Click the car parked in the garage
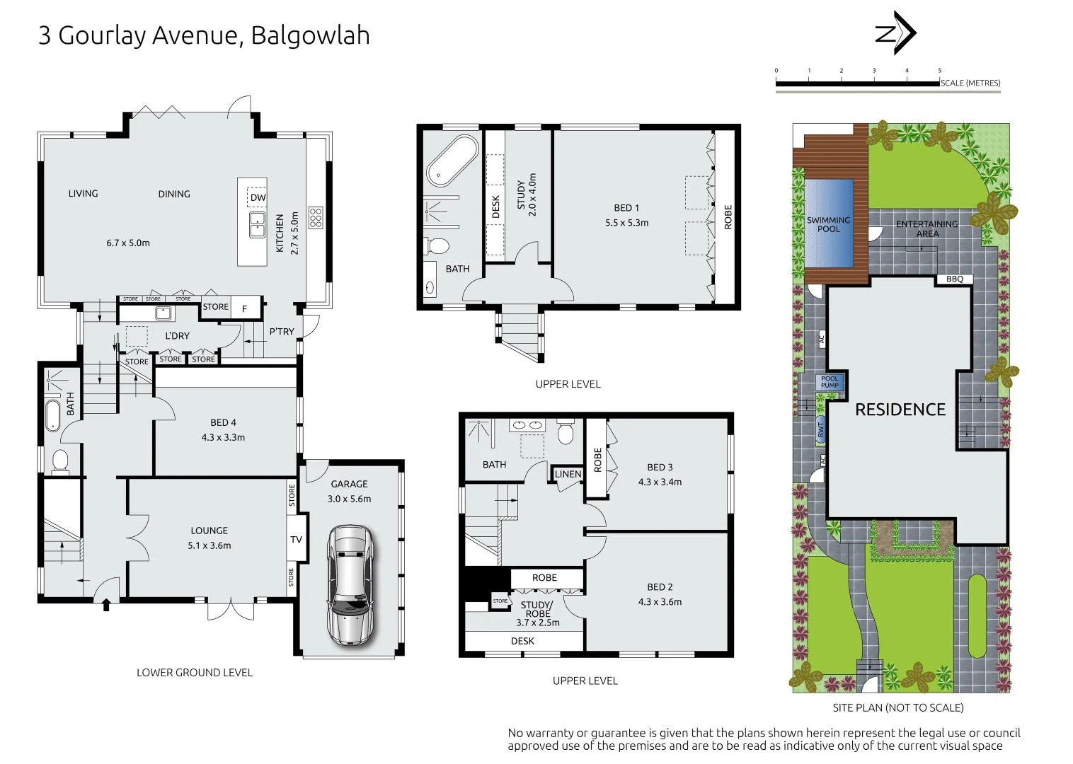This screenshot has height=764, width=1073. pos(350,584)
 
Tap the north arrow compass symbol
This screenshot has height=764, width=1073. pos(895,33)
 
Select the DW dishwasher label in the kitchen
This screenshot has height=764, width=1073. pos(258,197)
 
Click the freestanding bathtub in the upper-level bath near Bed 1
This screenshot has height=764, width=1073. pos(452,160)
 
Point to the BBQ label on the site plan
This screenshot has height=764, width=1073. pos(954,279)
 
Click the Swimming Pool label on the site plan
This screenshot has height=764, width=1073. pos(828,224)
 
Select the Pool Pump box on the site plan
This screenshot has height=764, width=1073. pos(830,382)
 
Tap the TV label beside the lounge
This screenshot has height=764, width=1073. pos(296,539)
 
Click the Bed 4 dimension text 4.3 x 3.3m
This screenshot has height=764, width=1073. pos(223,437)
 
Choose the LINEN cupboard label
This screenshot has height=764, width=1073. pos(568,474)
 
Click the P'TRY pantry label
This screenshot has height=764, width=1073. pos(281,331)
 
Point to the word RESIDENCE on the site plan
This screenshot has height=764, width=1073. pos(900,410)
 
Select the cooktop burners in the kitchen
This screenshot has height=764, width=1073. pos(316,217)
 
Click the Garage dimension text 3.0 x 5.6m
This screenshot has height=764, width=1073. pos(349,499)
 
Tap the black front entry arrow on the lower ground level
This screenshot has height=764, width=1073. pos(107,605)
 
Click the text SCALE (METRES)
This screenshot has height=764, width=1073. pos(970,83)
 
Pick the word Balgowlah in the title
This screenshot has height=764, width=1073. pos(310,35)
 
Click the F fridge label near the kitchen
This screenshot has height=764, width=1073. pos(245,308)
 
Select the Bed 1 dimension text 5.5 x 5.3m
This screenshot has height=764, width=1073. pos(626,222)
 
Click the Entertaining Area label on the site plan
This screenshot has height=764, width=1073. pos(926,228)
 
